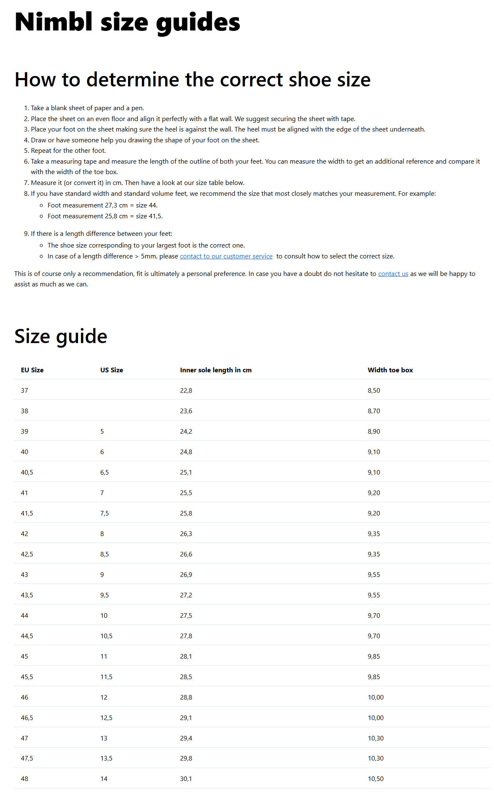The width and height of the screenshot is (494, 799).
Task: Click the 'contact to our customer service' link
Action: click(x=226, y=256)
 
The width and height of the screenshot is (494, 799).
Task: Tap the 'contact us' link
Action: click(x=393, y=274)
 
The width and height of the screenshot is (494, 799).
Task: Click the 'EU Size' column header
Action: click(x=32, y=370)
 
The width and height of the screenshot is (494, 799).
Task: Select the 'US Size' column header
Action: click(x=111, y=370)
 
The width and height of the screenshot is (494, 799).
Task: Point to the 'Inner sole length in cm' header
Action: click(x=216, y=370)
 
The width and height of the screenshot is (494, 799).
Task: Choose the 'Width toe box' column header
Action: click(x=390, y=370)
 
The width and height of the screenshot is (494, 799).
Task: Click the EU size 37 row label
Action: click(x=25, y=390)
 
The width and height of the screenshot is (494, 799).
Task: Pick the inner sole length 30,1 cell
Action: click(x=186, y=779)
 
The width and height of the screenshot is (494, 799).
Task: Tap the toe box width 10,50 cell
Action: click(x=376, y=779)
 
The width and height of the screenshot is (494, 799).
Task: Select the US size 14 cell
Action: click(x=104, y=779)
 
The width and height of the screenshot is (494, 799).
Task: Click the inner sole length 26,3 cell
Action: click(x=186, y=534)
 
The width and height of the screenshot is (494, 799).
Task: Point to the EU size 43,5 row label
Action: click(x=27, y=595)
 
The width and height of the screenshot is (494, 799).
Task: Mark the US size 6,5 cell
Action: click(x=104, y=472)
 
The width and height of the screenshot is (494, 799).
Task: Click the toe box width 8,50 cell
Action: click(x=374, y=390)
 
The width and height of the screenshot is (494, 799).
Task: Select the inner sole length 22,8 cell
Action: click(x=186, y=390)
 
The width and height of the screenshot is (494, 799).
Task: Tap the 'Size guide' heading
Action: click(x=61, y=336)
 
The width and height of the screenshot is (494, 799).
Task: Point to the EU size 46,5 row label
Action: click(x=27, y=718)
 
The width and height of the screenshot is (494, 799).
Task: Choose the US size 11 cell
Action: click(x=104, y=656)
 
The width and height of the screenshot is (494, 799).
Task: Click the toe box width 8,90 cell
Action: click(x=374, y=431)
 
